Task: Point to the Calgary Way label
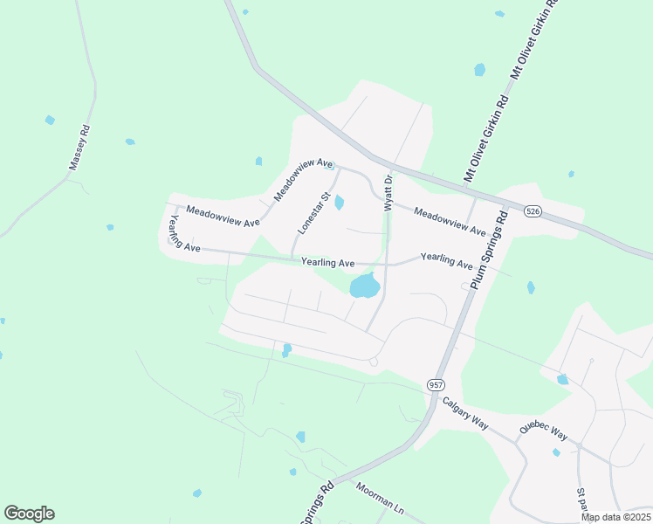point(464,412)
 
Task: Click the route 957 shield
point(435,384)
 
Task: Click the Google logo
point(29,514)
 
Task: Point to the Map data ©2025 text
point(615,517)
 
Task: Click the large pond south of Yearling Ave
point(364,285)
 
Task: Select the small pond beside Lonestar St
point(339,203)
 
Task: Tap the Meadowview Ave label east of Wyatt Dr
point(449,222)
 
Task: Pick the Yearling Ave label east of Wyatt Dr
point(447,260)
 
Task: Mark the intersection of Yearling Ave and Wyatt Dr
point(387,263)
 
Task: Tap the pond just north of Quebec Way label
point(562,379)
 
